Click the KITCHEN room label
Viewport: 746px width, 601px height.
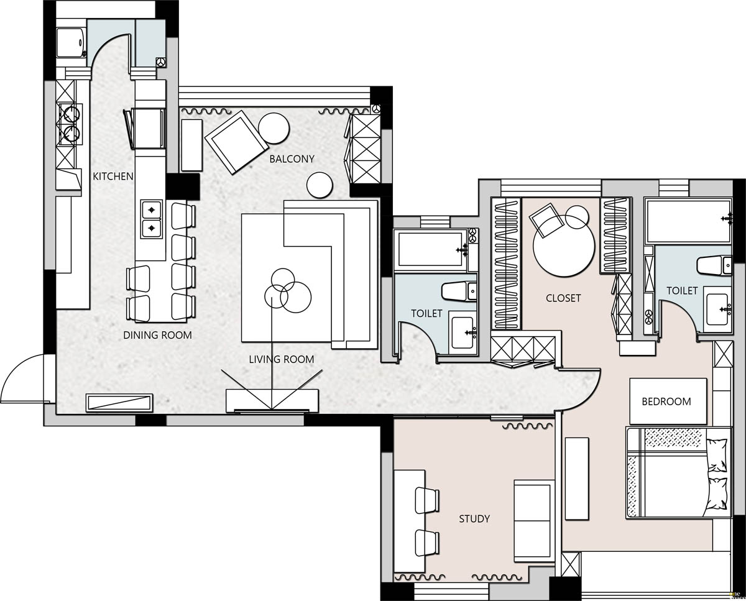[113, 177]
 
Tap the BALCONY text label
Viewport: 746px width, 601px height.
[292, 158]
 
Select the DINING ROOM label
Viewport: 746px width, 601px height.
[158, 335]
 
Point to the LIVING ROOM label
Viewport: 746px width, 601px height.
[282, 359]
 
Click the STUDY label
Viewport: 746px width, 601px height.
[474, 519]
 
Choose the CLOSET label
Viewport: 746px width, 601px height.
[563, 298]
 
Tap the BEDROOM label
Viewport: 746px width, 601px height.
[666, 401]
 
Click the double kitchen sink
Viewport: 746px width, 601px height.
[152, 219]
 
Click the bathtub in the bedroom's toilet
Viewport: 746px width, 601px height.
[689, 221]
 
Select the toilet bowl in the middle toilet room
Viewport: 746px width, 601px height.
[459, 291]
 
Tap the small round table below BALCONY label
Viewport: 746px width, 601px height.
[320, 185]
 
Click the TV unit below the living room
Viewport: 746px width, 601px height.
[272, 401]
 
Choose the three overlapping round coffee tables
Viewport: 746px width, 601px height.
[287, 290]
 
